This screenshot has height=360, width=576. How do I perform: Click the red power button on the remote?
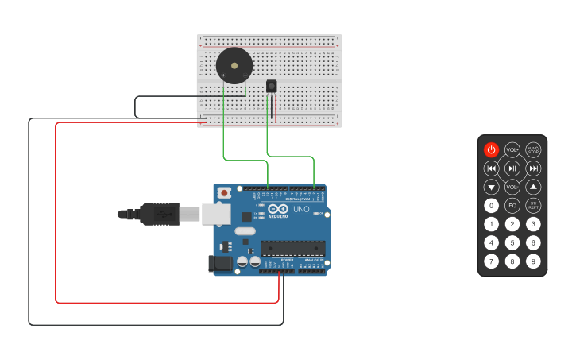(x=491, y=149)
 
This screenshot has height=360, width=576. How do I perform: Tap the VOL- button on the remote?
(x=512, y=187)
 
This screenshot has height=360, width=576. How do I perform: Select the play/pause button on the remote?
(x=512, y=168)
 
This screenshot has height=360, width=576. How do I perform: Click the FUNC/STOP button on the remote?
(x=533, y=149)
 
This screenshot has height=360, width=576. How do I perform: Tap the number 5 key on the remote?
(x=512, y=242)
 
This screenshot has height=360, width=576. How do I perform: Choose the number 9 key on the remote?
(x=533, y=261)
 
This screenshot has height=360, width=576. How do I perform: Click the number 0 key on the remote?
(x=491, y=205)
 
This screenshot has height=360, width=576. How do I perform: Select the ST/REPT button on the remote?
(x=533, y=205)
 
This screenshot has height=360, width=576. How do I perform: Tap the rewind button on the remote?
(x=491, y=168)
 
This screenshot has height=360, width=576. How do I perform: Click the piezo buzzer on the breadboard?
(x=234, y=65)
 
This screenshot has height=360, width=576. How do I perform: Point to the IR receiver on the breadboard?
(x=272, y=86)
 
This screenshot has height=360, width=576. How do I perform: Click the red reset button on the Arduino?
(x=225, y=192)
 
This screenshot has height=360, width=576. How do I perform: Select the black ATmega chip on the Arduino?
(x=292, y=248)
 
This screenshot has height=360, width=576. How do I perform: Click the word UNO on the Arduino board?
(x=301, y=209)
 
